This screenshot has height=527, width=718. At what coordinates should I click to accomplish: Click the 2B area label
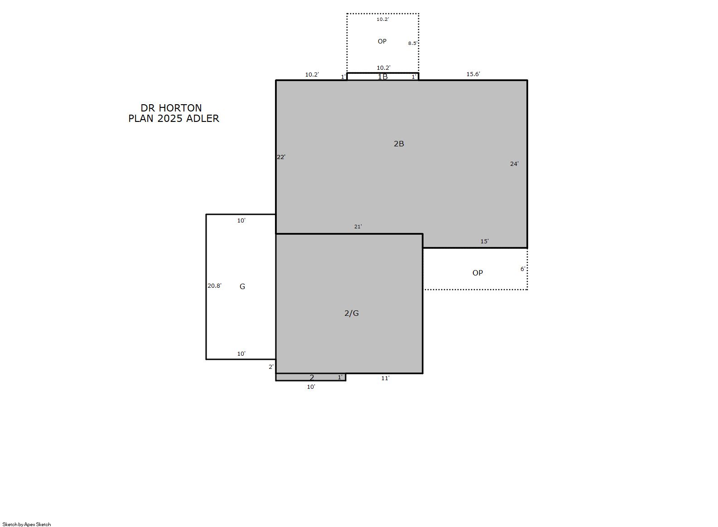pos(399,144)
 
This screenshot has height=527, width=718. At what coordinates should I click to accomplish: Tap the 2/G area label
pos(352,313)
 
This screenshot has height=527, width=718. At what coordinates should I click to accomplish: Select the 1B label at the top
pos(383,77)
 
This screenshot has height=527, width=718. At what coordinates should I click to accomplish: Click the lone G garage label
pos(242,286)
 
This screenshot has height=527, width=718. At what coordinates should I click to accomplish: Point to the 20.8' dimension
pos(214,285)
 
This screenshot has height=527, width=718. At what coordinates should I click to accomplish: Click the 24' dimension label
pos(514,164)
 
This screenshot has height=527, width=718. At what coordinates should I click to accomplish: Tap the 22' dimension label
pos(281,157)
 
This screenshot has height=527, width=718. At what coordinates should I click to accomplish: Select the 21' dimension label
pos(358,227)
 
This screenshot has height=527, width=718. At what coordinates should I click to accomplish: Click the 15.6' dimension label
pos(473,74)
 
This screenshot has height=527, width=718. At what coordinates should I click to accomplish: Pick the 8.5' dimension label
pos(412,44)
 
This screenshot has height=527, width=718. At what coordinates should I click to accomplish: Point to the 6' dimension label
pos(522,269)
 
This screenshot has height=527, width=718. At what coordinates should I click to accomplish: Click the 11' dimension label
pos(385,378)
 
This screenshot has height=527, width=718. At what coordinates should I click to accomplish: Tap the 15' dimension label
pos(484,242)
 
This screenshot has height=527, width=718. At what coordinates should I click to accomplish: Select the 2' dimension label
pos(271,367)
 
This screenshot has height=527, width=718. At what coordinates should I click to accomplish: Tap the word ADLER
pos(202,119)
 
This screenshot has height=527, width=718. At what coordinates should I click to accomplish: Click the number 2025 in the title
pos(170,119)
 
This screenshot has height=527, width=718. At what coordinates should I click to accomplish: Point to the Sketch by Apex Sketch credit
pos(27,524)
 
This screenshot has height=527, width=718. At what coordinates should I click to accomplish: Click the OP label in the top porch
pos(382,41)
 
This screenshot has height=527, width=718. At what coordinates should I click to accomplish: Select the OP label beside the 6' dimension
pos(477,273)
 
